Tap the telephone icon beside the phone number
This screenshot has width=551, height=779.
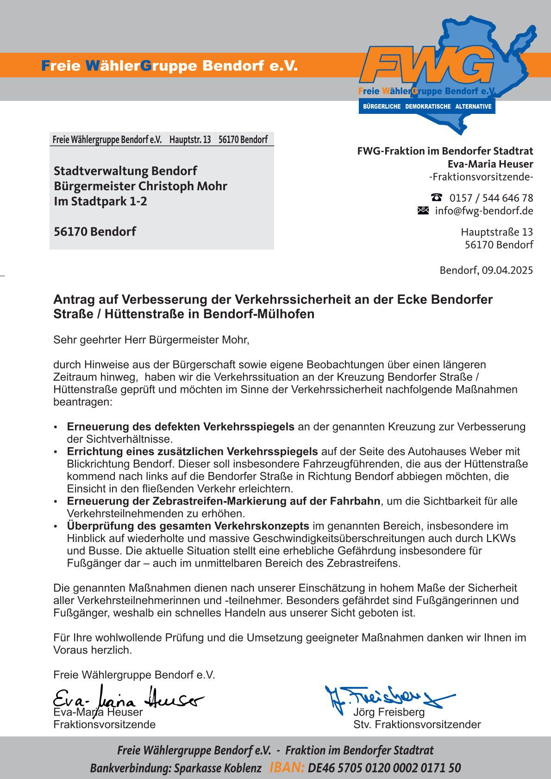[x=436, y=197]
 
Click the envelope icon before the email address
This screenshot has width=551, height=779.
[x=423, y=211]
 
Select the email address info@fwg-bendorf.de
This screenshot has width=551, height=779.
[x=484, y=211]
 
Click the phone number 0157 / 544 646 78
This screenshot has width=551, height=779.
[x=491, y=198]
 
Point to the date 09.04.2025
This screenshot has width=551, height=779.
[x=507, y=270]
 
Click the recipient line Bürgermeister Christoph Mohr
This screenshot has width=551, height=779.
[x=140, y=186]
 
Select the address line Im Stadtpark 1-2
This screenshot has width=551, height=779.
[x=100, y=201]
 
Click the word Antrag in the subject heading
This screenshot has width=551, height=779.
[x=72, y=299]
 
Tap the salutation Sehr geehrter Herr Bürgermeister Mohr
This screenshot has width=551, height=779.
[x=151, y=340]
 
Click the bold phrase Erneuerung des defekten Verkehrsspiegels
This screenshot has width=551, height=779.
[x=181, y=426]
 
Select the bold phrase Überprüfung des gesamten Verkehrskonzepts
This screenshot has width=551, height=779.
[x=188, y=526]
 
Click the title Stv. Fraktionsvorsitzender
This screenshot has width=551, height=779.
[x=417, y=724]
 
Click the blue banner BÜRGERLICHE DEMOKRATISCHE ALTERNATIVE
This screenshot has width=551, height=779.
[x=427, y=106]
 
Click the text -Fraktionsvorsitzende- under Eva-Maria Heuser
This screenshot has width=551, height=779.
[x=481, y=177]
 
